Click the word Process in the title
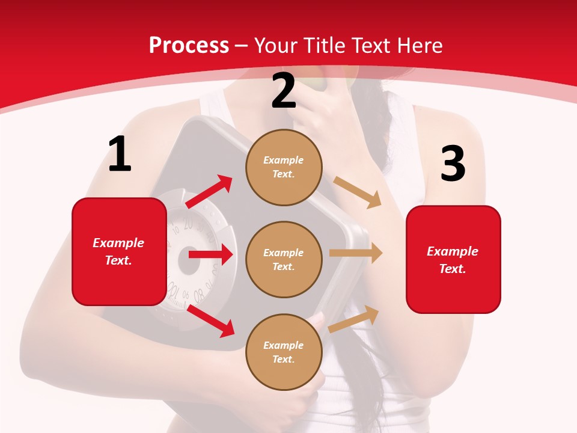(189, 46)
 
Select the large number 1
(120, 155)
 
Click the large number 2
(284, 91)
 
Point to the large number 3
(453, 164)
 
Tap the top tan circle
(284, 167)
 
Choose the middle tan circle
(284, 260)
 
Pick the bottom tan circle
(284, 352)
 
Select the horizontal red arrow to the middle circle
(210, 254)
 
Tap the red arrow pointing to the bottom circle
(211, 321)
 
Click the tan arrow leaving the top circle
(358, 192)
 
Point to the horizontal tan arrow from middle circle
(356, 254)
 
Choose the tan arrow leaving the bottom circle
(354, 319)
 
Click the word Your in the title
(277, 46)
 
